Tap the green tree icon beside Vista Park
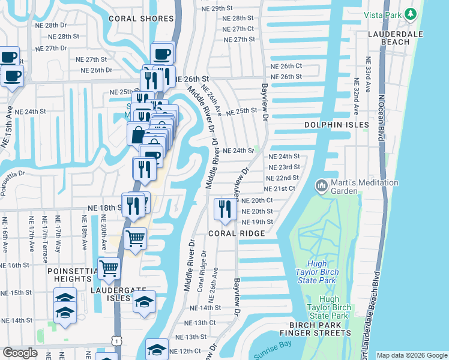pyautogui.click(x=411, y=13)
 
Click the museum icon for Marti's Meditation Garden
pyautogui.click(x=321, y=187)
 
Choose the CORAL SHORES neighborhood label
pyautogui.click(x=141, y=19)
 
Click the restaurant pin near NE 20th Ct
pyautogui.click(x=224, y=208)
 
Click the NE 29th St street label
pyautogui.click(x=218, y=8)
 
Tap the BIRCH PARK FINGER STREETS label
pyautogui.click(x=315, y=329)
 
